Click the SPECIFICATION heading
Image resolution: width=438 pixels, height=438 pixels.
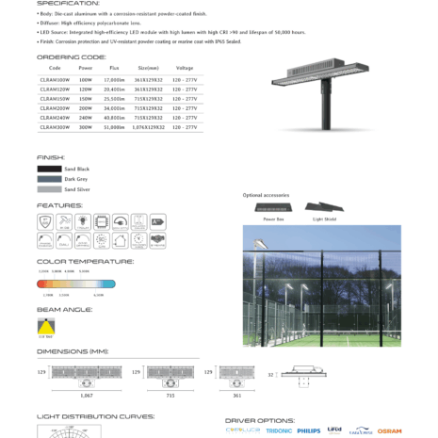click(68, 4)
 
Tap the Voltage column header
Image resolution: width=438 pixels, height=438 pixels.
click(185, 69)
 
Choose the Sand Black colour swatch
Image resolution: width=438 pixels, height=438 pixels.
click(49, 169)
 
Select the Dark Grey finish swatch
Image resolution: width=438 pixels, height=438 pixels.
click(49, 179)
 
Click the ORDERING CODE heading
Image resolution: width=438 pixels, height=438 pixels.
click(72, 57)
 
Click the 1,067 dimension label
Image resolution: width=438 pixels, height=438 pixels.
click(88, 397)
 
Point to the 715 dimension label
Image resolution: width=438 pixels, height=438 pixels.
click(170, 397)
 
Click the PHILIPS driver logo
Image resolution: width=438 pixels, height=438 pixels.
click(308, 430)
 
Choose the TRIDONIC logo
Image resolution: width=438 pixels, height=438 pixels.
click(279, 430)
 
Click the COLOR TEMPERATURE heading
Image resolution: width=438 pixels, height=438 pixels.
click(85, 261)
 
